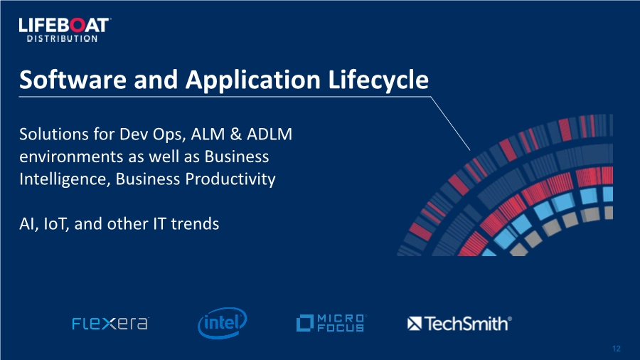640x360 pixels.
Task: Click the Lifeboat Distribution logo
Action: [65, 30]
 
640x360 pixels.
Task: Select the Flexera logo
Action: [110, 323]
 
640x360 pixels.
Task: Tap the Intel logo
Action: [223, 323]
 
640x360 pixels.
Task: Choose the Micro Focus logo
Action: [331, 323]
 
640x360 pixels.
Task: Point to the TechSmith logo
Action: [459, 324]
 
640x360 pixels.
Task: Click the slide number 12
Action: [617, 349]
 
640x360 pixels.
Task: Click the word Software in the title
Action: [73, 79]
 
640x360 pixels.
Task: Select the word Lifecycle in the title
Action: [378, 80]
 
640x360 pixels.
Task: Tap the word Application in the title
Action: [252, 80]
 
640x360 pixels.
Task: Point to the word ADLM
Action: [270, 134]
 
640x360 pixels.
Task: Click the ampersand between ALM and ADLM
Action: [236, 134]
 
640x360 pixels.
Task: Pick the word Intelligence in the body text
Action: [65, 179]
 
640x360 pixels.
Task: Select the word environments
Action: [71, 157]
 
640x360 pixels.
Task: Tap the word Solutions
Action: [54, 134]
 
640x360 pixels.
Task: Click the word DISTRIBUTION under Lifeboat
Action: [62, 39]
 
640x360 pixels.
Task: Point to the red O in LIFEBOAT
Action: [78, 26]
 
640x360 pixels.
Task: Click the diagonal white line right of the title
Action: [450, 124]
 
